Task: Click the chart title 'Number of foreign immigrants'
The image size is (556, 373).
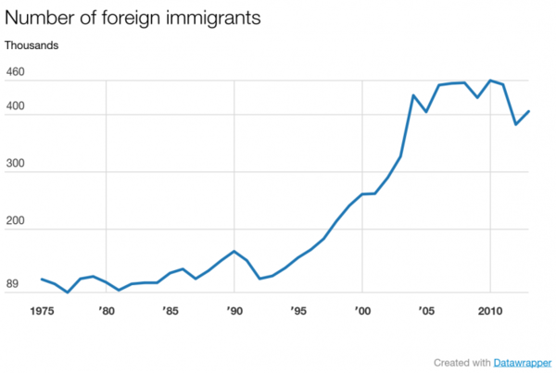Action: [131, 18]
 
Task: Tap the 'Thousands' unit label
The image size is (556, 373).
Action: [32, 44]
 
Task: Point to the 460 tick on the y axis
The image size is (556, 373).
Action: [16, 72]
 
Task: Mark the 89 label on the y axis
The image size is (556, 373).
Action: [13, 285]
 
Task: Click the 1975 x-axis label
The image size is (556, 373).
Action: [42, 311]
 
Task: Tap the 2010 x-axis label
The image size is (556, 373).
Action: [489, 311]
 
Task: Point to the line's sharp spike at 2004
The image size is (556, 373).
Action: [412, 95]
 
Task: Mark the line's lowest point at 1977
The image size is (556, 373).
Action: [68, 292]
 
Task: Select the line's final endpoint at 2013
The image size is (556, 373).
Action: [528, 111]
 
